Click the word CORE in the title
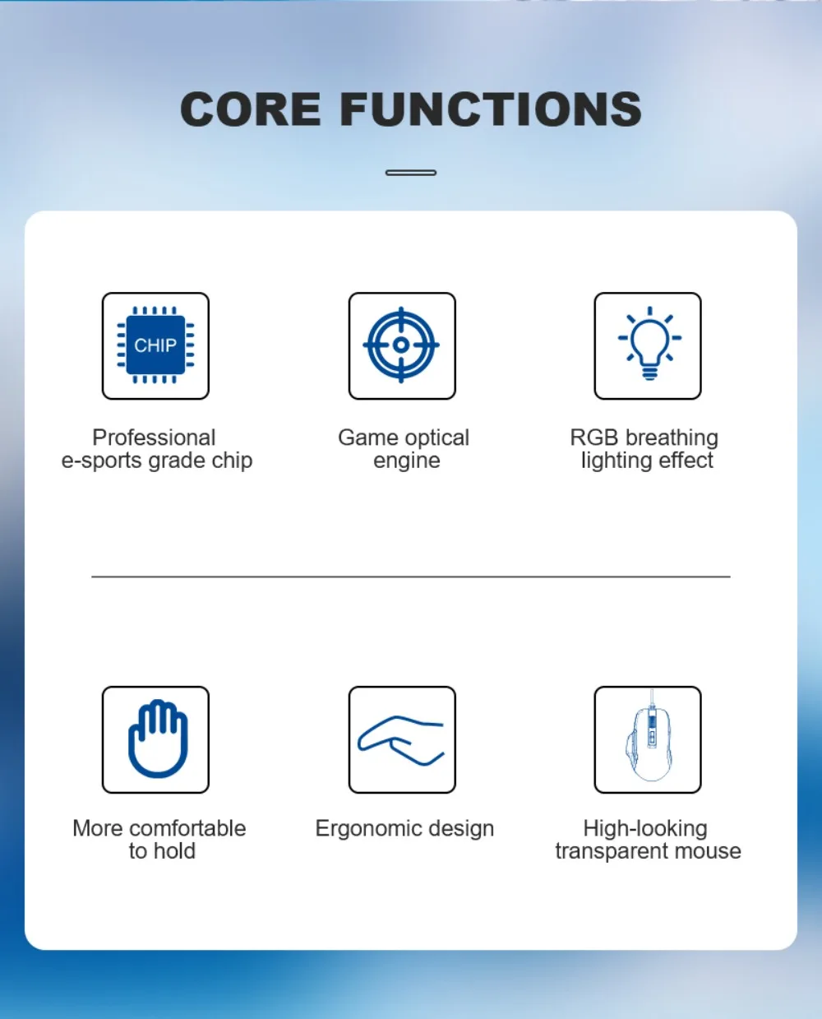pyautogui.click(x=250, y=109)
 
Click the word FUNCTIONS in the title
pyautogui.click(x=491, y=109)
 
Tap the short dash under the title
pyautogui.click(x=411, y=173)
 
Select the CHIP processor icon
pyautogui.click(x=155, y=345)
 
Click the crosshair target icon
pyautogui.click(x=401, y=345)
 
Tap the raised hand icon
pyautogui.click(x=158, y=739)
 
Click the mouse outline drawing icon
pyautogui.click(x=649, y=737)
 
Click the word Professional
pyautogui.click(x=154, y=438)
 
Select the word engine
pyautogui.click(x=406, y=461)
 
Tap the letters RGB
pyautogui.click(x=594, y=438)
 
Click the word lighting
pyautogui.click(x=616, y=461)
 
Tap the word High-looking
pyautogui.click(x=645, y=829)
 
